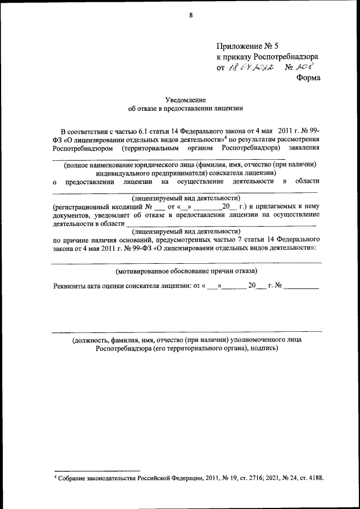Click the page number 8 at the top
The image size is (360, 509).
coord(191,15)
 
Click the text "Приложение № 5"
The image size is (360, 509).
coord(247,46)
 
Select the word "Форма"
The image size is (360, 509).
coord(308,78)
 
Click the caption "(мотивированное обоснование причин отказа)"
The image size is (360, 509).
coord(186,271)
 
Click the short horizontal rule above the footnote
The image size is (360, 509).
coord(96,470)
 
